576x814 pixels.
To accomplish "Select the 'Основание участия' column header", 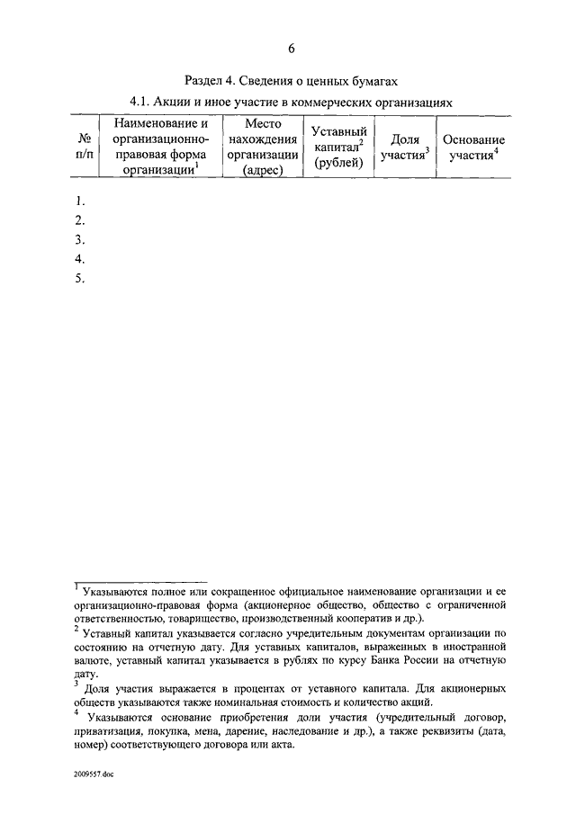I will click(473, 148).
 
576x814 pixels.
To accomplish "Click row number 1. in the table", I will click(80, 201).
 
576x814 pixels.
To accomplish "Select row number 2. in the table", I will click(80, 220).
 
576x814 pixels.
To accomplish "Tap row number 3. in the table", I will click(80, 239).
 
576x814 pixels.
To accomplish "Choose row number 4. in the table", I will click(80, 259).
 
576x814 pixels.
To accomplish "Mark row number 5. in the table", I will click(80, 278).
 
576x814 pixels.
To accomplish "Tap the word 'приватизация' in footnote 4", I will click(114, 732).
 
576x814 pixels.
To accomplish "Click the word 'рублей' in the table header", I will click(337, 163).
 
